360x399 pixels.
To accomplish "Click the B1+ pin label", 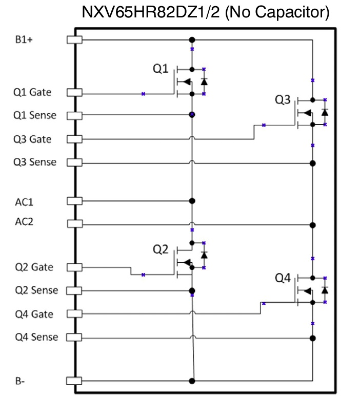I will (x=24, y=39).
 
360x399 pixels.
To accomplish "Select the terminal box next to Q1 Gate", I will (x=75, y=93).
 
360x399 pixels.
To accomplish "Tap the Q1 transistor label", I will (x=161, y=68).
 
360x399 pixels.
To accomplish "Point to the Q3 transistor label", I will (x=283, y=100).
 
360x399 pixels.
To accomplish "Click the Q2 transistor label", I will (x=161, y=249).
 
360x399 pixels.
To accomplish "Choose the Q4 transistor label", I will (x=283, y=278).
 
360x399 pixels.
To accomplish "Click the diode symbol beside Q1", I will (x=204, y=81).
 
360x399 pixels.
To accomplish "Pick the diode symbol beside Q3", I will (x=325, y=112).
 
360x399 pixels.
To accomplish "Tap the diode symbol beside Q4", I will (x=325, y=290).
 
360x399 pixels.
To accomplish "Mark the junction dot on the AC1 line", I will (x=192, y=201).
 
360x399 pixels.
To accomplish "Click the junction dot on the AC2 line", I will (x=312, y=224).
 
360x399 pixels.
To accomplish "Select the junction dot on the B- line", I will (x=192, y=381).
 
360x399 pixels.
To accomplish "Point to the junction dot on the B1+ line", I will (x=192, y=39).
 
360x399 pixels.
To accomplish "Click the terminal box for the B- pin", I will (x=75, y=381).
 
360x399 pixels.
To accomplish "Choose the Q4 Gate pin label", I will (x=33, y=313).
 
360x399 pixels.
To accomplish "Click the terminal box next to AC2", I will (x=75, y=224).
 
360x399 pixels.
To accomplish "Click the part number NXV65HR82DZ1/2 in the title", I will (x=151, y=12).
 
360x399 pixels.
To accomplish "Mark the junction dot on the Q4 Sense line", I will (x=312, y=338).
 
